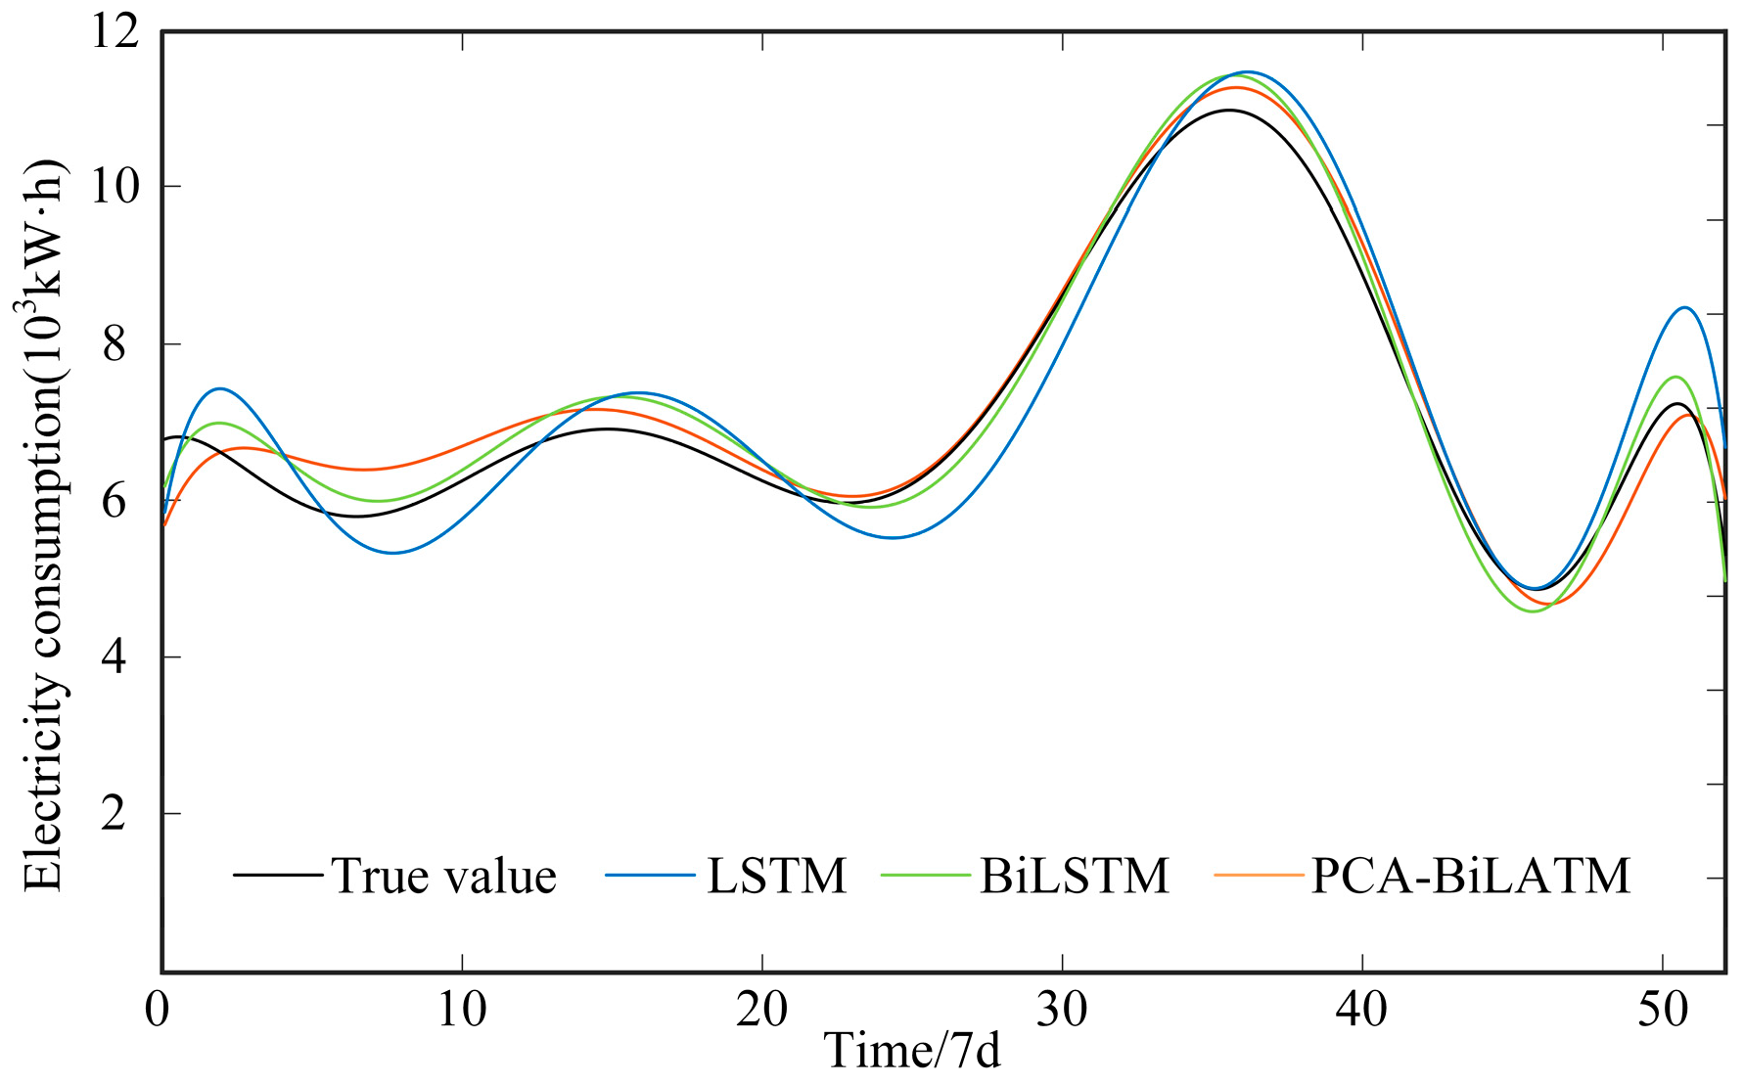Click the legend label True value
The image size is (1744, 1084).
443,876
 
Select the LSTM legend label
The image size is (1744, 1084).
776,876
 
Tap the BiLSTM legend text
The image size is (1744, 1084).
1074,876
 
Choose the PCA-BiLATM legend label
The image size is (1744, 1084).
1470,876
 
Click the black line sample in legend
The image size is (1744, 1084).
278,875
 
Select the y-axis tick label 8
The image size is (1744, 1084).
115,344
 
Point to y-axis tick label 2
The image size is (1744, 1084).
115,813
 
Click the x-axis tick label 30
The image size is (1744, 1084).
1062,1010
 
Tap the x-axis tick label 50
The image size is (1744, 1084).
1663,1010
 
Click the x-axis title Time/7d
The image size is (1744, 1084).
912,1052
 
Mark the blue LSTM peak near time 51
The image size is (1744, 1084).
1684,308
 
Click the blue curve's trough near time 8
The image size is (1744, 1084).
392,553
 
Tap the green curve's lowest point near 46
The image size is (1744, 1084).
1533,611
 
